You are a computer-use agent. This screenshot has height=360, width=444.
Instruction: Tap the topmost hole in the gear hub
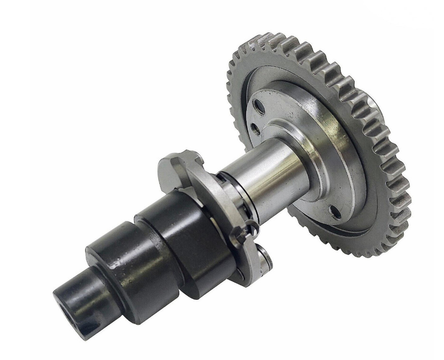click(x=259, y=107)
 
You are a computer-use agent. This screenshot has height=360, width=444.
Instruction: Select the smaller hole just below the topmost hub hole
click(x=256, y=129)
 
